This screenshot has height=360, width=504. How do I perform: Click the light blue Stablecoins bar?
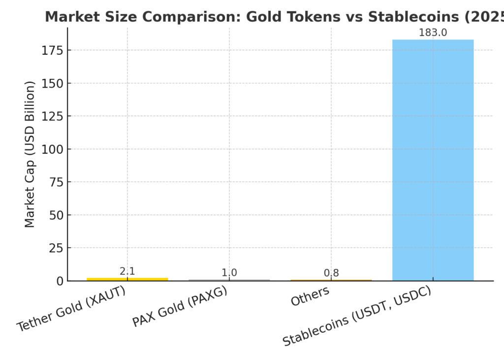tap(433, 160)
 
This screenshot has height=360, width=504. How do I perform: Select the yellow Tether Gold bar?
tap(127, 279)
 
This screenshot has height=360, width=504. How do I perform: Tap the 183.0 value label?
tap(433, 33)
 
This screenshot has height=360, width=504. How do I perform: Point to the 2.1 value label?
tap(127, 271)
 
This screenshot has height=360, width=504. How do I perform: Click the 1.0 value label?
tap(229, 273)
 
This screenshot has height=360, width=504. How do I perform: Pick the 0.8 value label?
tap(331, 273)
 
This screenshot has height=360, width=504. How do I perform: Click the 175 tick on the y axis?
tap(52, 50)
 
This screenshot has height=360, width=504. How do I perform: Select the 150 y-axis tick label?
tap(52, 83)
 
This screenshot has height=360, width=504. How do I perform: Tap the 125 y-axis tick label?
tap(52, 116)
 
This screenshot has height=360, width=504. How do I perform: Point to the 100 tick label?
tap(52, 149)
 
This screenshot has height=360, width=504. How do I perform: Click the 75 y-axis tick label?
tap(56, 182)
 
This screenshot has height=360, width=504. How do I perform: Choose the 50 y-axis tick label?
tap(56, 215)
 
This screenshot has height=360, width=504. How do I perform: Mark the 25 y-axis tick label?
tap(56, 248)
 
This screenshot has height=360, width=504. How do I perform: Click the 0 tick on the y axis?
tap(60, 281)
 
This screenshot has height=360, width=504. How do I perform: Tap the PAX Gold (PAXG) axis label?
tap(179, 306)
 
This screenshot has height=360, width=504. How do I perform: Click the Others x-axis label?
tap(310, 296)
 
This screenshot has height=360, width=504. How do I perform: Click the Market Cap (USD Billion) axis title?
tap(30, 154)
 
